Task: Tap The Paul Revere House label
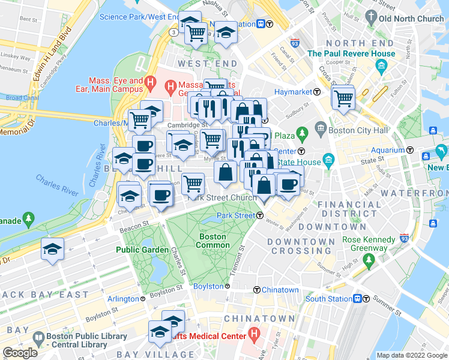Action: click(x=351, y=53)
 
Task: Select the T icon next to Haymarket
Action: click(x=316, y=92)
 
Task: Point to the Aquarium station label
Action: click(x=388, y=150)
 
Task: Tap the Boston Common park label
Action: click(x=212, y=241)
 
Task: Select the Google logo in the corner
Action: click(x=20, y=353)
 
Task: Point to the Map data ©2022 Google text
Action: click(x=411, y=355)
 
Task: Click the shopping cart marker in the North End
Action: click(x=343, y=98)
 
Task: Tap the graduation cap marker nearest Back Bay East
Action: click(x=53, y=249)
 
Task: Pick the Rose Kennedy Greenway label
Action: click(x=369, y=244)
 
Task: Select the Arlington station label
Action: click(x=123, y=299)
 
